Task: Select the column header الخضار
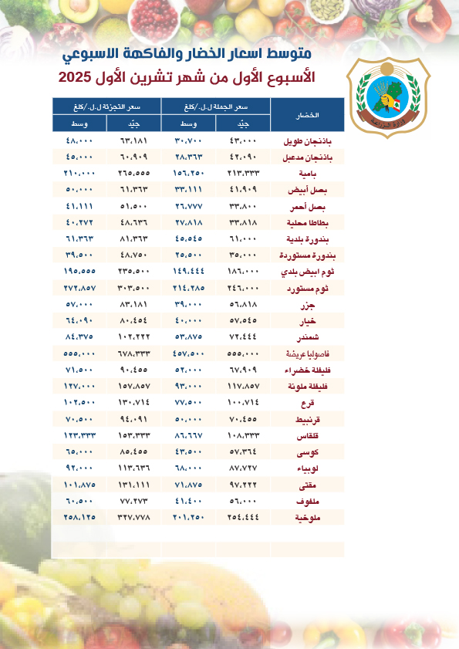(308, 114)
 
